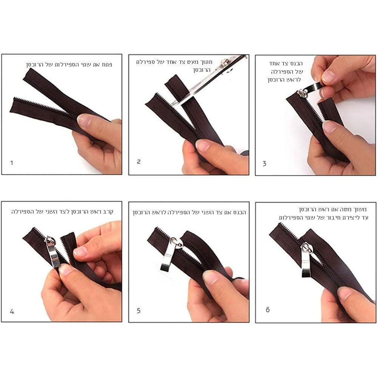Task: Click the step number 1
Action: coord(12,163)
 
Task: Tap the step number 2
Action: coord(139,161)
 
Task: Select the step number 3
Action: coord(265,164)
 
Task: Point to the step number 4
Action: coord(12,311)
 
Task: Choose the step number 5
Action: coord(139,310)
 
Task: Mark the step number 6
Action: coord(268,310)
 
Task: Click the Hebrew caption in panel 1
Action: coord(69,65)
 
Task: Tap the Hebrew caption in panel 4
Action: coord(62,212)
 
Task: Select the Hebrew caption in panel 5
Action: coord(189,212)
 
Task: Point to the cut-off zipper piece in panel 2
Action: coord(177,85)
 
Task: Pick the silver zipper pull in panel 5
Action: coord(171,254)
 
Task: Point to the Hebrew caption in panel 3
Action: coord(285,71)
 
